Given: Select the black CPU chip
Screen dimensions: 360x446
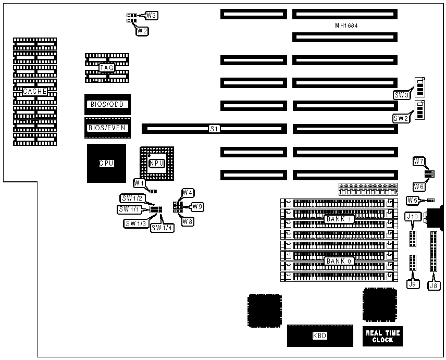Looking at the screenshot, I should (x=106, y=163).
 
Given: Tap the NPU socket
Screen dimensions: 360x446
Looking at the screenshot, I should (x=156, y=164).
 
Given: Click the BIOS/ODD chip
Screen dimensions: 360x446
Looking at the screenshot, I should (x=107, y=104).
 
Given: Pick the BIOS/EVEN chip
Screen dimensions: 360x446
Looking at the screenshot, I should (x=107, y=128).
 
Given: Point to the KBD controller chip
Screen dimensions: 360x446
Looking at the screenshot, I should (x=319, y=336).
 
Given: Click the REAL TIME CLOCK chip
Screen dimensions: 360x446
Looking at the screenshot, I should (x=382, y=336).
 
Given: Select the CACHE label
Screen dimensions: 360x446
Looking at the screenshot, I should (x=35, y=92).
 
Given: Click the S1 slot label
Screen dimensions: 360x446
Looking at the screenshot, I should (x=214, y=128).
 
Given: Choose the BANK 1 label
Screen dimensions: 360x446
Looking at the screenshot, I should (x=339, y=219).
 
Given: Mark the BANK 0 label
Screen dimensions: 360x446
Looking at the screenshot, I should (x=339, y=262).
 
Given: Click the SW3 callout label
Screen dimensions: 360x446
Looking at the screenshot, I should (x=401, y=95).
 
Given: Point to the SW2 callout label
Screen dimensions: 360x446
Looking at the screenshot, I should (x=401, y=118).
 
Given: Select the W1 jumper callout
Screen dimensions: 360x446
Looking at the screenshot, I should (x=139, y=183).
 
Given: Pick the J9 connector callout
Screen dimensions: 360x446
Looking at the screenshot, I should (x=413, y=284).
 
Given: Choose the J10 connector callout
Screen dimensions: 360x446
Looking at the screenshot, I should (x=412, y=217).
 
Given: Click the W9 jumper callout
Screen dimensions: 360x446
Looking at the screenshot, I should (x=197, y=207).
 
